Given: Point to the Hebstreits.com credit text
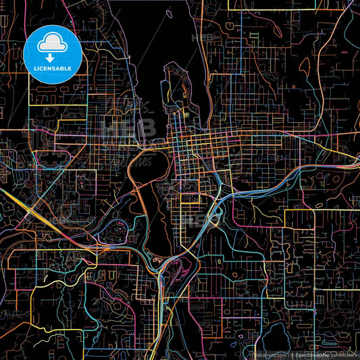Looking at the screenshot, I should point(269,354).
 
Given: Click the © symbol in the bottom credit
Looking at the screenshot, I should point(291,354).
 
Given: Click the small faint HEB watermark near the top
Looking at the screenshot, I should point(204,38).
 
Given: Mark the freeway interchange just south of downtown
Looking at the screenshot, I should point(215,217).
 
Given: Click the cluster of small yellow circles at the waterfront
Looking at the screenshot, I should point(183,115).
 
